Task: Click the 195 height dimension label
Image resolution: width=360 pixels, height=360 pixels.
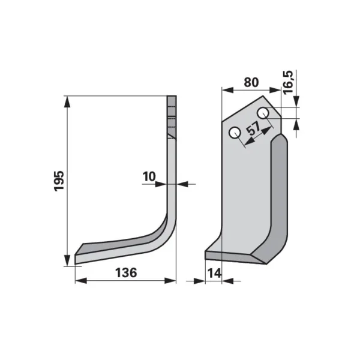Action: [59, 181]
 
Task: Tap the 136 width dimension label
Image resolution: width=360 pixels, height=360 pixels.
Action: [126, 273]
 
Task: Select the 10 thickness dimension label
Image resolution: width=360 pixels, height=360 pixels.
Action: [149, 176]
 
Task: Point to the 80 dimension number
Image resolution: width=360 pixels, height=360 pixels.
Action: [251, 82]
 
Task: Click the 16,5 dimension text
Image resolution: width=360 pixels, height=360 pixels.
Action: [289, 82]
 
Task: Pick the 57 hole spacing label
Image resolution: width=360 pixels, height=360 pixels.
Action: [253, 128]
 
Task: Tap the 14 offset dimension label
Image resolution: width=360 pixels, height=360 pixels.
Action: [214, 273]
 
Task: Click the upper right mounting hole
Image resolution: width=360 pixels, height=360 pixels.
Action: [263, 113]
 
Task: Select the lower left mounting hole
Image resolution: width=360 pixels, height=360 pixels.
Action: [235, 133]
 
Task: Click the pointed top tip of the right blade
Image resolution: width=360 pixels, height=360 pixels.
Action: [263, 96]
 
